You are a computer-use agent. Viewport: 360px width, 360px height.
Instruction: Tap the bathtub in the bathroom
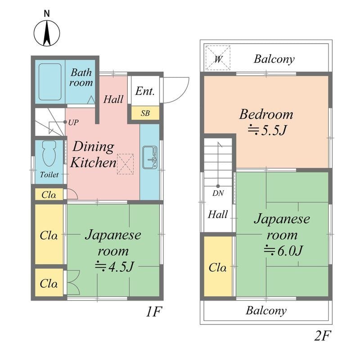[50, 82]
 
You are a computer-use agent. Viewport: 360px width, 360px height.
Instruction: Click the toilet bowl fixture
[49, 154]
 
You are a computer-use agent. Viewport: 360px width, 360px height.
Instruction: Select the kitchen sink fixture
[149, 157]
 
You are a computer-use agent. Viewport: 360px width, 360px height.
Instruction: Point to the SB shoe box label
[145, 113]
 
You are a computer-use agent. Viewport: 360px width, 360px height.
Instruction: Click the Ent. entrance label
[145, 91]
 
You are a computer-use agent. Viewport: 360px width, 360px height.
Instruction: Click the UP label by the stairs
[73, 122]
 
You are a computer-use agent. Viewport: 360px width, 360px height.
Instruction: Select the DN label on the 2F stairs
[218, 194]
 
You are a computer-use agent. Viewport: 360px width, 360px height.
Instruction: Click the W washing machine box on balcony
[218, 58]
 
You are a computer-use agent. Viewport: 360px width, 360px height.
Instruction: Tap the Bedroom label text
[266, 114]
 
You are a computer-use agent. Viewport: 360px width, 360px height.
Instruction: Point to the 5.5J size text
[267, 130]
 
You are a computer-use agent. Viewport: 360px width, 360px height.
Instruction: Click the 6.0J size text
[282, 250]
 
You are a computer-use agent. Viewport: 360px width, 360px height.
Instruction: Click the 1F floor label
[153, 311]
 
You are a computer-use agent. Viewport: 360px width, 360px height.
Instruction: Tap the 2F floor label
[322, 335]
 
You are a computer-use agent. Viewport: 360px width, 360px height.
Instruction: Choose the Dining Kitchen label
[93, 154]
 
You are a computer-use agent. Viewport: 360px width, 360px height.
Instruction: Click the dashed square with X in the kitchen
[125, 164]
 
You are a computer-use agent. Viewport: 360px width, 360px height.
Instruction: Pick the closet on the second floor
[218, 267]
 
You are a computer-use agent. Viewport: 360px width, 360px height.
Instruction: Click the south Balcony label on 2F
[266, 310]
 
